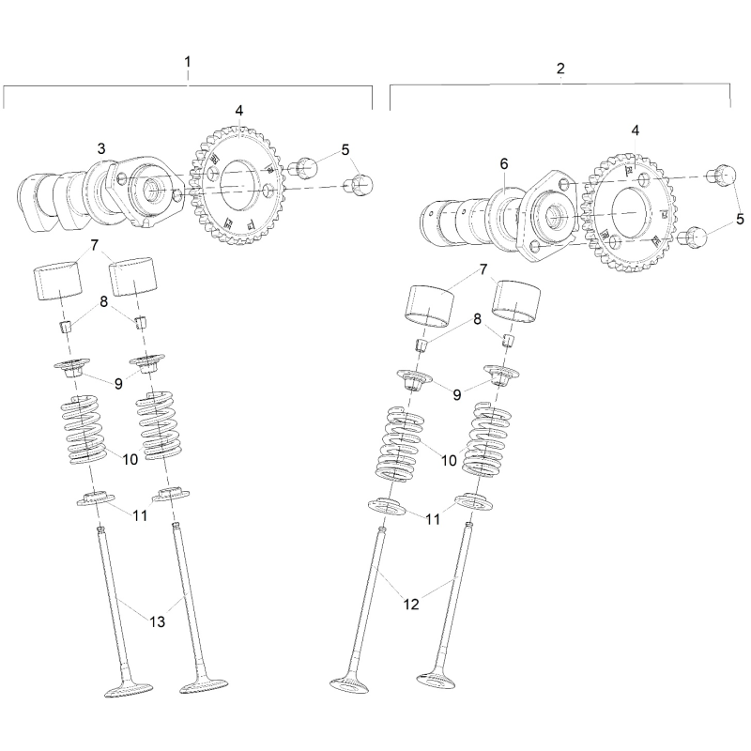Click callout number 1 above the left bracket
click(188, 62)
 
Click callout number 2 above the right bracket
click(560, 69)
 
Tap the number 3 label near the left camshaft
click(101, 148)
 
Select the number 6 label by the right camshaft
click(504, 163)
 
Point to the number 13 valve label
click(157, 621)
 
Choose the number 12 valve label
click(411, 605)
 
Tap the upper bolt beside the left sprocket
click(302, 166)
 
